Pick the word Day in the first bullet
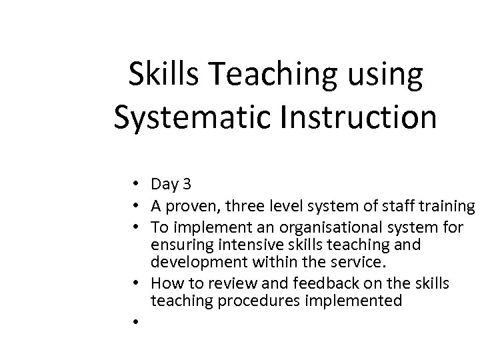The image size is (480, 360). tap(162, 183)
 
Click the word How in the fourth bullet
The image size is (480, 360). tap(164, 284)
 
